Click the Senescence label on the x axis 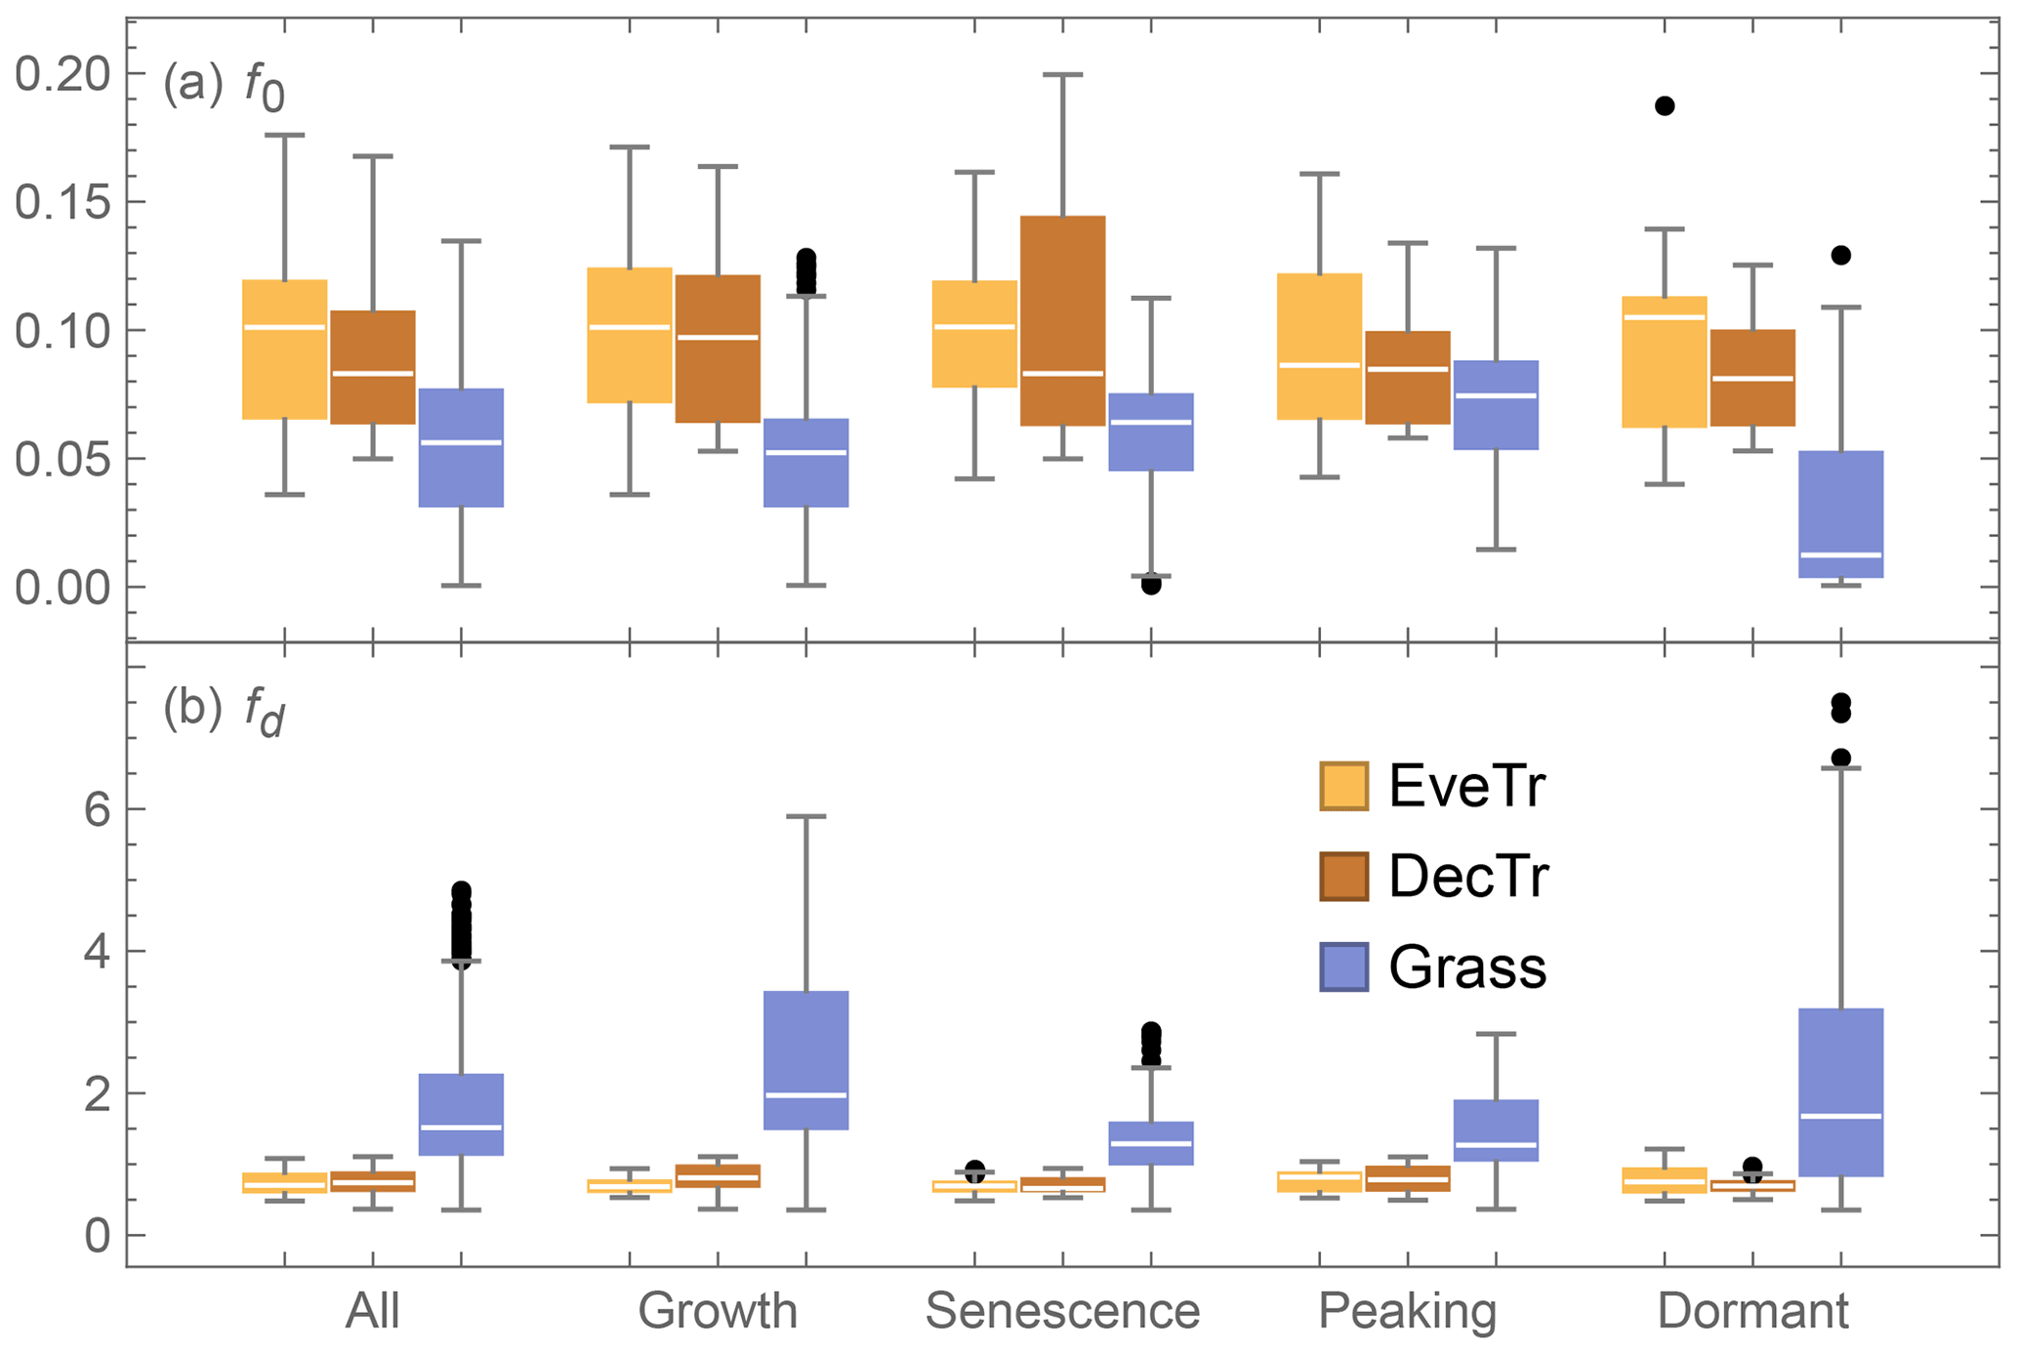pyautogui.click(x=1062, y=1311)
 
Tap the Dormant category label pyautogui.click(x=1752, y=1311)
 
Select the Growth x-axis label pyautogui.click(x=718, y=1311)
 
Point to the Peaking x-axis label pyautogui.click(x=1407, y=1311)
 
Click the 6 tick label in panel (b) pyautogui.click(x=96, y=809)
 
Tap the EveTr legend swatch pyautogui.click(x=1343, y=786)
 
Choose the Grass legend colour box pyautogui.click(x=1343, y=966)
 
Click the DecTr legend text pyautogui.click(x=1468, y=877)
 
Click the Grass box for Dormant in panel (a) pyautogui.click(x=1840, y=513)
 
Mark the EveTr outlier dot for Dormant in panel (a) pyautogui.click(x=1665, y=105)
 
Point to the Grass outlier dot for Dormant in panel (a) pyautogui.click(x=1840, y=255)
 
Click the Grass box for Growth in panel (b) pyautogui.click(x=805, y=1060)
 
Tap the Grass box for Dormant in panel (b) pyautogui.click(x=1840, y=1091)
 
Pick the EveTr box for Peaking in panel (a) pyautogui.click(x=1320, y=347)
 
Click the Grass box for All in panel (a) pyautogui.click(x=461, y=447)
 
